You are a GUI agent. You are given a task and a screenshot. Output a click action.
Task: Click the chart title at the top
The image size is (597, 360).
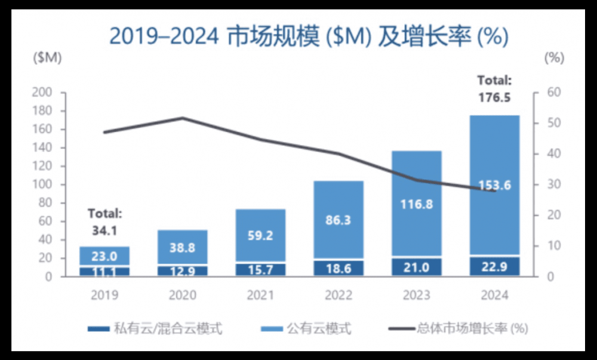point(309,36)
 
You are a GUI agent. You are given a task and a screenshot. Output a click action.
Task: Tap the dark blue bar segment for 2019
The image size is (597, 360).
point(104,271)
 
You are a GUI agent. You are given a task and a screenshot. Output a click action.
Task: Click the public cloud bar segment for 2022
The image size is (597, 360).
point(338,219)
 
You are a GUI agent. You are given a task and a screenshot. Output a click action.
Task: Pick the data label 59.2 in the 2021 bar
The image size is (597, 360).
point(260,235)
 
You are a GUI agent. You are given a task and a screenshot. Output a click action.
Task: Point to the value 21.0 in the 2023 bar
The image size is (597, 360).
point(417,267)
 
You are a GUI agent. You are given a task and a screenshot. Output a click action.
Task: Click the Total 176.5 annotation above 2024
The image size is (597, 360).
point(494,88)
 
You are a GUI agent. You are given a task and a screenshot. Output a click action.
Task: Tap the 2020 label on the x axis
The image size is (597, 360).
point(183,295)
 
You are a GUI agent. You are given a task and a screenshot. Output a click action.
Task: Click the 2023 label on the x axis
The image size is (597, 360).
point(417,295)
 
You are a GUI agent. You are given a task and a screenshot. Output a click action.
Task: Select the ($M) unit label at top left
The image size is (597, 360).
point(47,58)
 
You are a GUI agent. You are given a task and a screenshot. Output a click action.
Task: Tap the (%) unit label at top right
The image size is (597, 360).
point(555,58)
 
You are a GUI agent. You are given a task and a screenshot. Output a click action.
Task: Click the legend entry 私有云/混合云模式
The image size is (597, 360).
point(155,328)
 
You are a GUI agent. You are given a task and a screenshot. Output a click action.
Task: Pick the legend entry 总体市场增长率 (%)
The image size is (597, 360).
point(460,328)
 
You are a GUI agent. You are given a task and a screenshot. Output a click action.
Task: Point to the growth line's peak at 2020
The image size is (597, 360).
point(183,118)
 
